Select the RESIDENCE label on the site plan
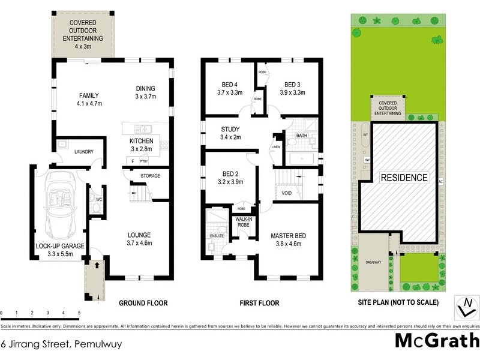(x=404, y=178)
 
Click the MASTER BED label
(x=288, y=236)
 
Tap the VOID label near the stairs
(x=287, y=194)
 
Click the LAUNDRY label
(x=83, y=152)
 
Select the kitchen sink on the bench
(x=143, y=128)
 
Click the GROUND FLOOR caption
(x=143, y=302)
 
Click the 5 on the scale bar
(x=79, y=313)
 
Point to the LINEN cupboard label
(x=276, y=146)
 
